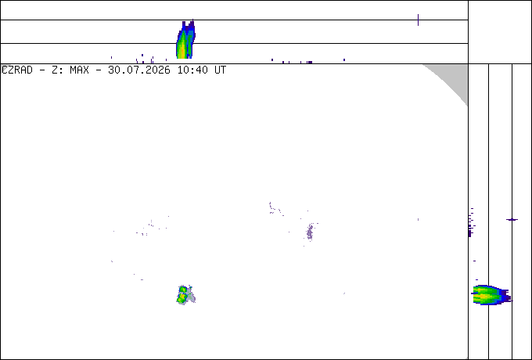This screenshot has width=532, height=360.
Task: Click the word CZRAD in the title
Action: [17, 70]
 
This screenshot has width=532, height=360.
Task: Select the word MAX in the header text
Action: [79, 70]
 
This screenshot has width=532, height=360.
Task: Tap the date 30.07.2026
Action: [139, 70]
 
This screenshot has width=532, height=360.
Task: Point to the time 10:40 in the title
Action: [193, 70]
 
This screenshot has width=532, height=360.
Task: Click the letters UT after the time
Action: [220, 70]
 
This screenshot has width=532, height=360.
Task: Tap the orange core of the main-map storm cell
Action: [182, 297]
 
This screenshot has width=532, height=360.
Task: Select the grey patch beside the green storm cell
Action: [192, 296]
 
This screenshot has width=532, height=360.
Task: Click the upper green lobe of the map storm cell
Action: [183, 290]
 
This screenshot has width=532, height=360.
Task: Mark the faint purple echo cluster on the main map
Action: [310, 232]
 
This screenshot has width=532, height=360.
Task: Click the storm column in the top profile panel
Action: [185, 39]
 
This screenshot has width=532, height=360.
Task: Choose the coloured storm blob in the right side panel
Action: [493, 294]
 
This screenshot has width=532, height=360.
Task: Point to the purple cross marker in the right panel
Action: [512, 220]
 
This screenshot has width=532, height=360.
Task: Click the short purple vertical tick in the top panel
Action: [418, 20]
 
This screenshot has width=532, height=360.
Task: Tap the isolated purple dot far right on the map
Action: [418, 220]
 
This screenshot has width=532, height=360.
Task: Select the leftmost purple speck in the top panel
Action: [111, 57]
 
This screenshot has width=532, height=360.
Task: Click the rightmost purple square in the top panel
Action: [344, 59]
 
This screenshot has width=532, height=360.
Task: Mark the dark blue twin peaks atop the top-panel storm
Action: [189, 25]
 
